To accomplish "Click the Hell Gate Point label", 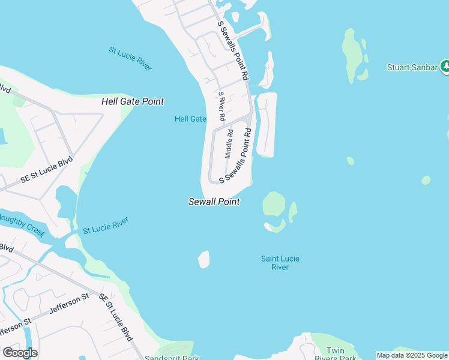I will [x=133, y=102].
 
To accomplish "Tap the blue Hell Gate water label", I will [x=190, y=119].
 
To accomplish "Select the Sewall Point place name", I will [x=214, y=202].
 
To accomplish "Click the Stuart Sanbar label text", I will [x=412, y=67].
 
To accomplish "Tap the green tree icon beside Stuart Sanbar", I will [x=445, y=67].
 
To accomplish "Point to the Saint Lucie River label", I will [x=280, y=263].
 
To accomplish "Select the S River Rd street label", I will [x=221, y=107].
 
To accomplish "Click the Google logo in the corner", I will [x=20, y=353].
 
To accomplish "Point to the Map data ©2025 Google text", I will [x=412, y=355].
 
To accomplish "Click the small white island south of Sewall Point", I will [x=204, y=259].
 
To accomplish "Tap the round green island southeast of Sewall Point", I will [x=274, y=204].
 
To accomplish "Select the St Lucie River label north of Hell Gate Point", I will [x=130, y=58].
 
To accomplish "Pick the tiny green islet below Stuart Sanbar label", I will [x=350, y=161].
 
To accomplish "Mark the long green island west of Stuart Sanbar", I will [x=352, y=54].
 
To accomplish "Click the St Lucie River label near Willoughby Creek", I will [x=106, y=226].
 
